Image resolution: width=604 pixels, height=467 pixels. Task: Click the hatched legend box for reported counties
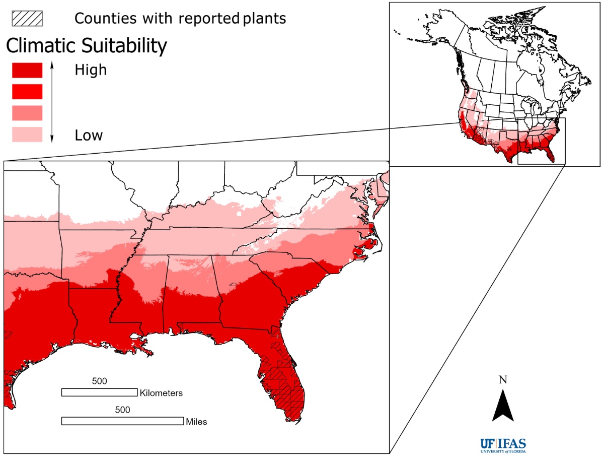click(27, 18)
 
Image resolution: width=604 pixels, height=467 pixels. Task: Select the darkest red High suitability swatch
click(27, 70)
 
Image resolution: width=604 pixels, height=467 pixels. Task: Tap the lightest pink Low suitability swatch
click(27, 135)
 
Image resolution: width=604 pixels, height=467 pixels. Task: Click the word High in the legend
click(91, 70)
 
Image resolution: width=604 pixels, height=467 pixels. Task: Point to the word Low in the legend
click(89, 135)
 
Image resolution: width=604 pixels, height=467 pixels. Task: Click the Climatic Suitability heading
click(86, 46)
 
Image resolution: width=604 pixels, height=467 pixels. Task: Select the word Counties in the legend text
click(105, 18)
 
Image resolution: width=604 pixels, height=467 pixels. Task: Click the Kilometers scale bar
click(99, 392)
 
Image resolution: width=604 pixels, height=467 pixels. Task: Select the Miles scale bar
click(122, 421)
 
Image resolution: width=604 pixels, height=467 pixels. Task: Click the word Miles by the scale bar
click(196, 422)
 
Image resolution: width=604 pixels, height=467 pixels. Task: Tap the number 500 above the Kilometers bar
click(99, 381)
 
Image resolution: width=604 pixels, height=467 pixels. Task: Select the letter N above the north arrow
click(502, 380)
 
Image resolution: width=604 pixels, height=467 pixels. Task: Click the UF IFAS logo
click(503, 446)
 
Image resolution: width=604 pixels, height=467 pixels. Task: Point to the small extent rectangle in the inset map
click(542, 141)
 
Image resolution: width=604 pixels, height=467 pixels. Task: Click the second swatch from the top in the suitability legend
click(27, 91)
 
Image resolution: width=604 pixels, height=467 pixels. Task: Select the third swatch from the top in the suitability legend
click(27, 113)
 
